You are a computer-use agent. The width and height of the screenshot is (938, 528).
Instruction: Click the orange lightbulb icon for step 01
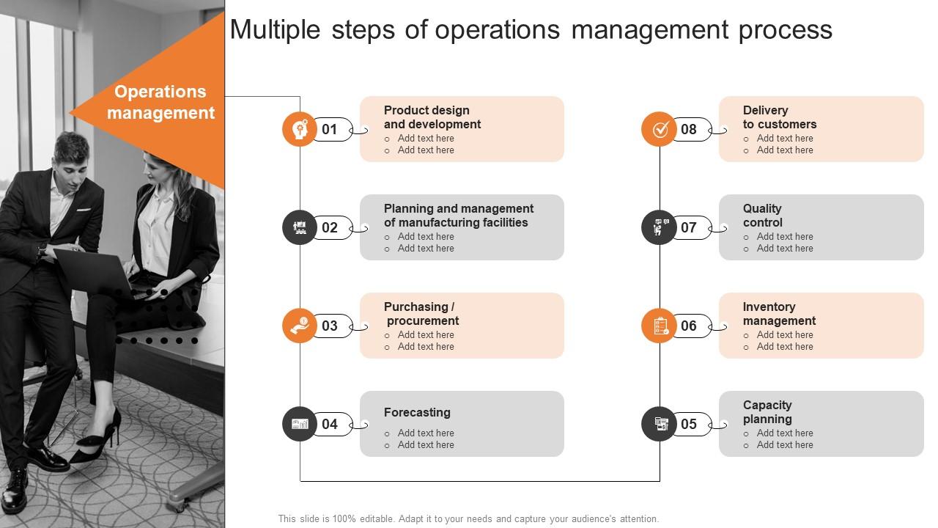click(300, 129)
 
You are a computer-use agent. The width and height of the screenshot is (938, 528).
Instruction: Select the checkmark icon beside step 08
click(659, 129)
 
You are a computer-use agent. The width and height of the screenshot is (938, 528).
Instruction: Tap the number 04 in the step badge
click(330, 424)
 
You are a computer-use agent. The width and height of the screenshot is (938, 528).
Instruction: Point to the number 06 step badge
click(689, 326)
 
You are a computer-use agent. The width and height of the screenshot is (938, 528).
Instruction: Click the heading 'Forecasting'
click(417, 412)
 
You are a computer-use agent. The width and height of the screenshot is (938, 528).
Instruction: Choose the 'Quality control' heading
click(763, 216)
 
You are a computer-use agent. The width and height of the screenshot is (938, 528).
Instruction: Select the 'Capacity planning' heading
click(767, 412)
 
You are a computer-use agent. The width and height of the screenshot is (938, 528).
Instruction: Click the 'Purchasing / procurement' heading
click(421, 314)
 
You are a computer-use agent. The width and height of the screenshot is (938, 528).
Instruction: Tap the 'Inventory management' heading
click(779, 314)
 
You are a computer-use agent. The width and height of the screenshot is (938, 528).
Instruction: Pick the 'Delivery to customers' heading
click(779, 117)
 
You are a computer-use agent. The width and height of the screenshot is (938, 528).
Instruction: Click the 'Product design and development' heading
click(432, 117)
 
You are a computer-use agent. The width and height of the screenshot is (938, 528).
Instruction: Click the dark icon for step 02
click(300, 227)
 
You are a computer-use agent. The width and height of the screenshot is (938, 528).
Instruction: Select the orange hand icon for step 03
click(300, 326)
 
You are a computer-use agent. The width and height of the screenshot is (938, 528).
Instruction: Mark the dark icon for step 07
click(659, 227)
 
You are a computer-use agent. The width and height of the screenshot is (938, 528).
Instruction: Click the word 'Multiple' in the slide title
click(276, 30)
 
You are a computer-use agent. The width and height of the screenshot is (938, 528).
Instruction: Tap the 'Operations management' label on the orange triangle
click(160, 102)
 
